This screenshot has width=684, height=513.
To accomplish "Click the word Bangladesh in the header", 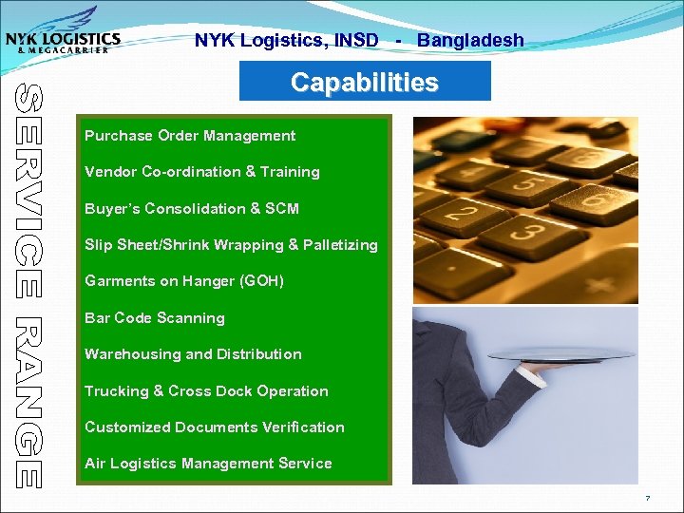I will tap(470, 40).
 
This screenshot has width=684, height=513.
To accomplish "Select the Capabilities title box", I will tap(365, 82).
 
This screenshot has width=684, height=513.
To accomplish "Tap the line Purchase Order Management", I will tap(190, 136).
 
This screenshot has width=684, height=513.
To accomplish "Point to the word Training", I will tap(289, 172).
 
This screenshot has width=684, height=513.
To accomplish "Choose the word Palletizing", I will tap(340, 245).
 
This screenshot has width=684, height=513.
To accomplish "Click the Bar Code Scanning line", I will tap(155, 318).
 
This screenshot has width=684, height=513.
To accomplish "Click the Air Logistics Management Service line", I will tap(208, 464).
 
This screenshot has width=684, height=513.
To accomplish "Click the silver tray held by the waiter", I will tap(570, 354).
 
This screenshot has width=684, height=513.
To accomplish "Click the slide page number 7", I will tap(648, 498).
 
